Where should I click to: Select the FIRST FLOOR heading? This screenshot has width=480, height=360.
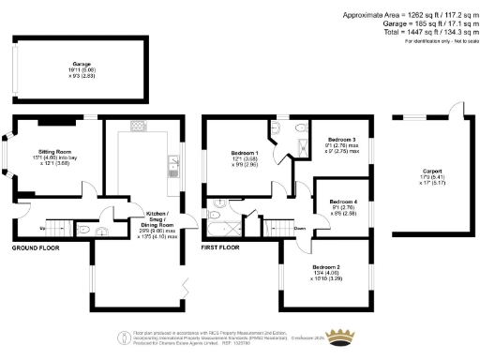[x=221, y=248]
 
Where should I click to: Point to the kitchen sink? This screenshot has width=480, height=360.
[x=174, y=167]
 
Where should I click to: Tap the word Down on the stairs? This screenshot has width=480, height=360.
[x=299, y=227]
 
